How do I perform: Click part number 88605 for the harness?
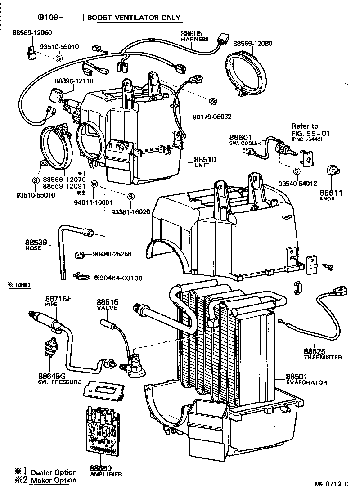click(192, 33)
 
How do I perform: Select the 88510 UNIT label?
click(205, 162)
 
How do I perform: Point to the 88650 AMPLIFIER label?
click(100, 471)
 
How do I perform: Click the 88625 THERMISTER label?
click(322, 354)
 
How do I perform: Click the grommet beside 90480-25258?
click(80, 255)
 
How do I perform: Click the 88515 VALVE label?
click(107, 305)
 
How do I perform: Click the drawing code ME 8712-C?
click(332, 485)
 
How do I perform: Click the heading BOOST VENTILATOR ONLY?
click(134, 18)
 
